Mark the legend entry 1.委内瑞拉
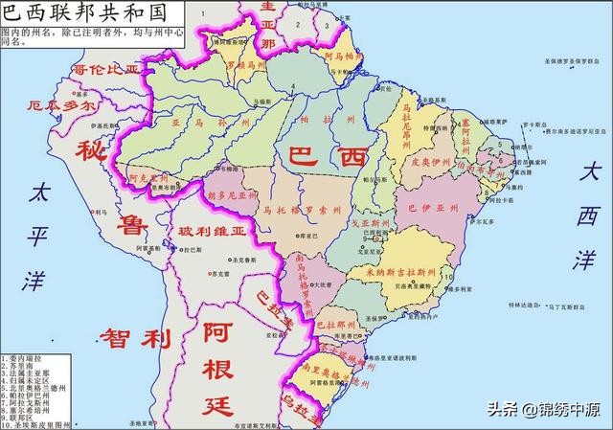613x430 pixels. [x=25, y=358]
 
